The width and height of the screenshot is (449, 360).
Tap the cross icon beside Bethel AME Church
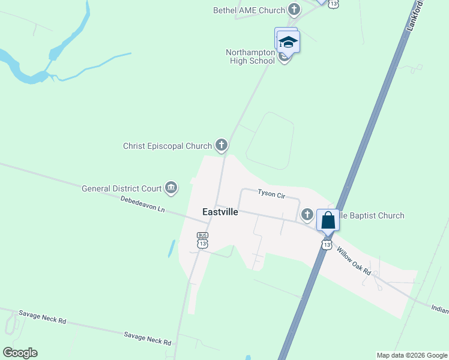coord(294,10)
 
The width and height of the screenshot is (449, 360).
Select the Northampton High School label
coord(250,56)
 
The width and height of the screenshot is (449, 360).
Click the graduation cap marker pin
coord(288,43)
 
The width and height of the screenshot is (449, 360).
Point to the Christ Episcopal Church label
coord(167,146)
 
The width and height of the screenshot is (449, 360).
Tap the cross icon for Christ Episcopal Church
coord(221,145)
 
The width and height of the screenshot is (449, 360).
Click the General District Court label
coord(122,188)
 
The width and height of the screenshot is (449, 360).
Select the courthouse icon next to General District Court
coord(171,188)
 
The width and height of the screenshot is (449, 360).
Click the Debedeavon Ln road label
coord(142,204)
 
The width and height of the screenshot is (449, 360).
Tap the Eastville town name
coord(220,212)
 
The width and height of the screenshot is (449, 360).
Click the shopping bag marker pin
coord(328,220)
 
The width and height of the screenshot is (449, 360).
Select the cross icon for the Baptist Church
coord(307,215)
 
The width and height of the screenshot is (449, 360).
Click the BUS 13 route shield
coord(202,240)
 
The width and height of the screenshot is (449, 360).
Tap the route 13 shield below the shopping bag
coord(327,245)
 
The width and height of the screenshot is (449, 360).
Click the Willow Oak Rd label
coord(354,261)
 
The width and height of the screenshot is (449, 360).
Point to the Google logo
coord(20,353)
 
